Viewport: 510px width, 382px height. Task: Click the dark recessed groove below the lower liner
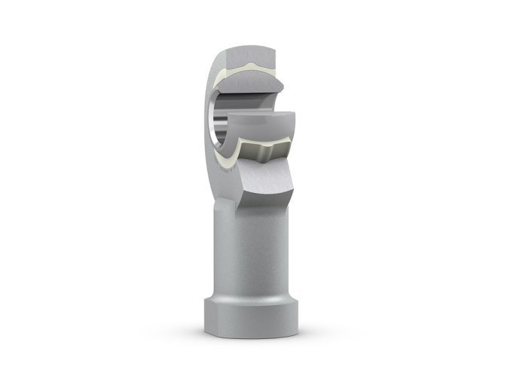[261, 154]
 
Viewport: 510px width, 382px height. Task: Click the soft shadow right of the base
[331, 332]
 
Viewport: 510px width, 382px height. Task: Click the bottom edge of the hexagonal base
[252, 341]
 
